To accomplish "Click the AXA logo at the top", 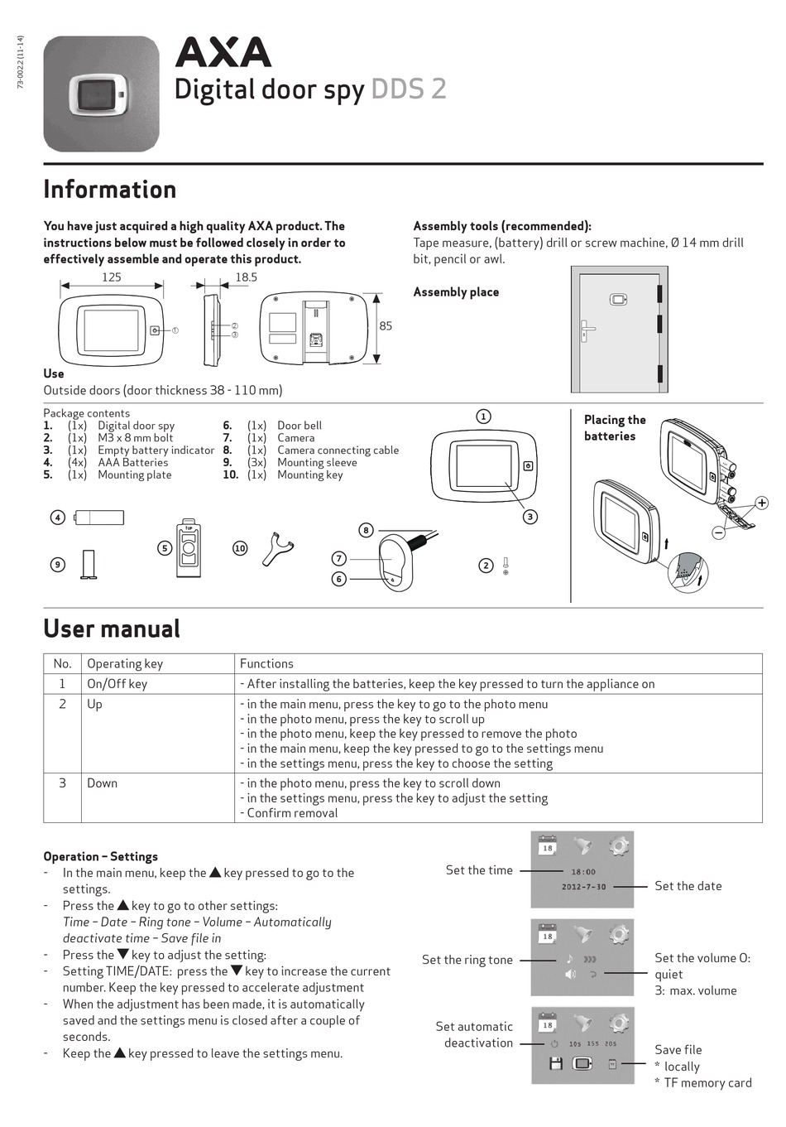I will tap(223, 53).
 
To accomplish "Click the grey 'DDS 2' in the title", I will tap(409, 89).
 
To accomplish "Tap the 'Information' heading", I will tap(110, 190).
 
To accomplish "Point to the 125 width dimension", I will tap(111, 277).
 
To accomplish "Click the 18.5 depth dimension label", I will tap(246, 277).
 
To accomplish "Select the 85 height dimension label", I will tap(386, 325).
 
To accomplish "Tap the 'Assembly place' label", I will tap(456, 292).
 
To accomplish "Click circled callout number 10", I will tap(240, 548).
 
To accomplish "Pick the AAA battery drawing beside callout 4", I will tap(99, 518).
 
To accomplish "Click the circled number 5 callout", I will tap(165, 548).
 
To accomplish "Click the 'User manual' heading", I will tap(112, 629).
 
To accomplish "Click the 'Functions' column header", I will tap(266, 663).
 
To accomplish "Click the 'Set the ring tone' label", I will tap(467, 960).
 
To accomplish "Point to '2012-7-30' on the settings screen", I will tap(583, 887).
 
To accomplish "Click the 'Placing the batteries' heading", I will tap(614, 428).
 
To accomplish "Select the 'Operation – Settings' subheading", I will tap(100, 856).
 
